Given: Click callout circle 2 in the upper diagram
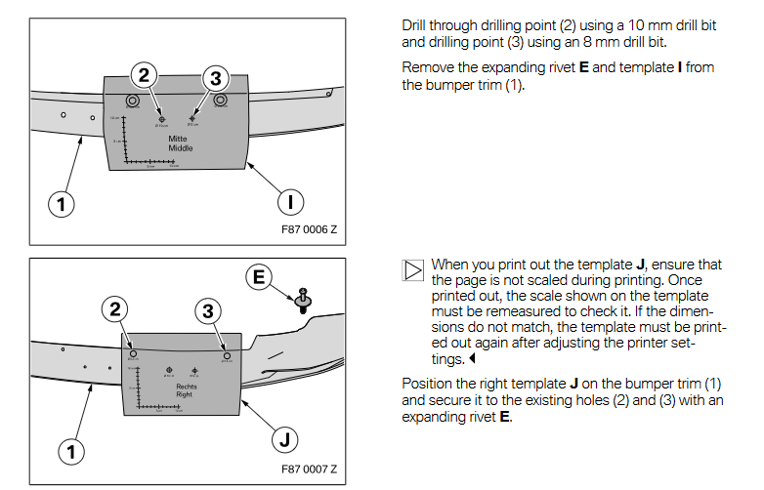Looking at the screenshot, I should [145, 75].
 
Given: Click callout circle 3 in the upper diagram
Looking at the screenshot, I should [216, 77].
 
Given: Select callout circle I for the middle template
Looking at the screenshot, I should [290, 202].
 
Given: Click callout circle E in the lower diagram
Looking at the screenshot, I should [259, 278].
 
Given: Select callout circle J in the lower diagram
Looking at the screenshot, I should [283, 440].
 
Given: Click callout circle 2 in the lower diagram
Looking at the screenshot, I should [115, 309].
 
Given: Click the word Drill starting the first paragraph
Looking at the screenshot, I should [416, 25].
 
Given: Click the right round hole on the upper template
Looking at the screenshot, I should [221, 101].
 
